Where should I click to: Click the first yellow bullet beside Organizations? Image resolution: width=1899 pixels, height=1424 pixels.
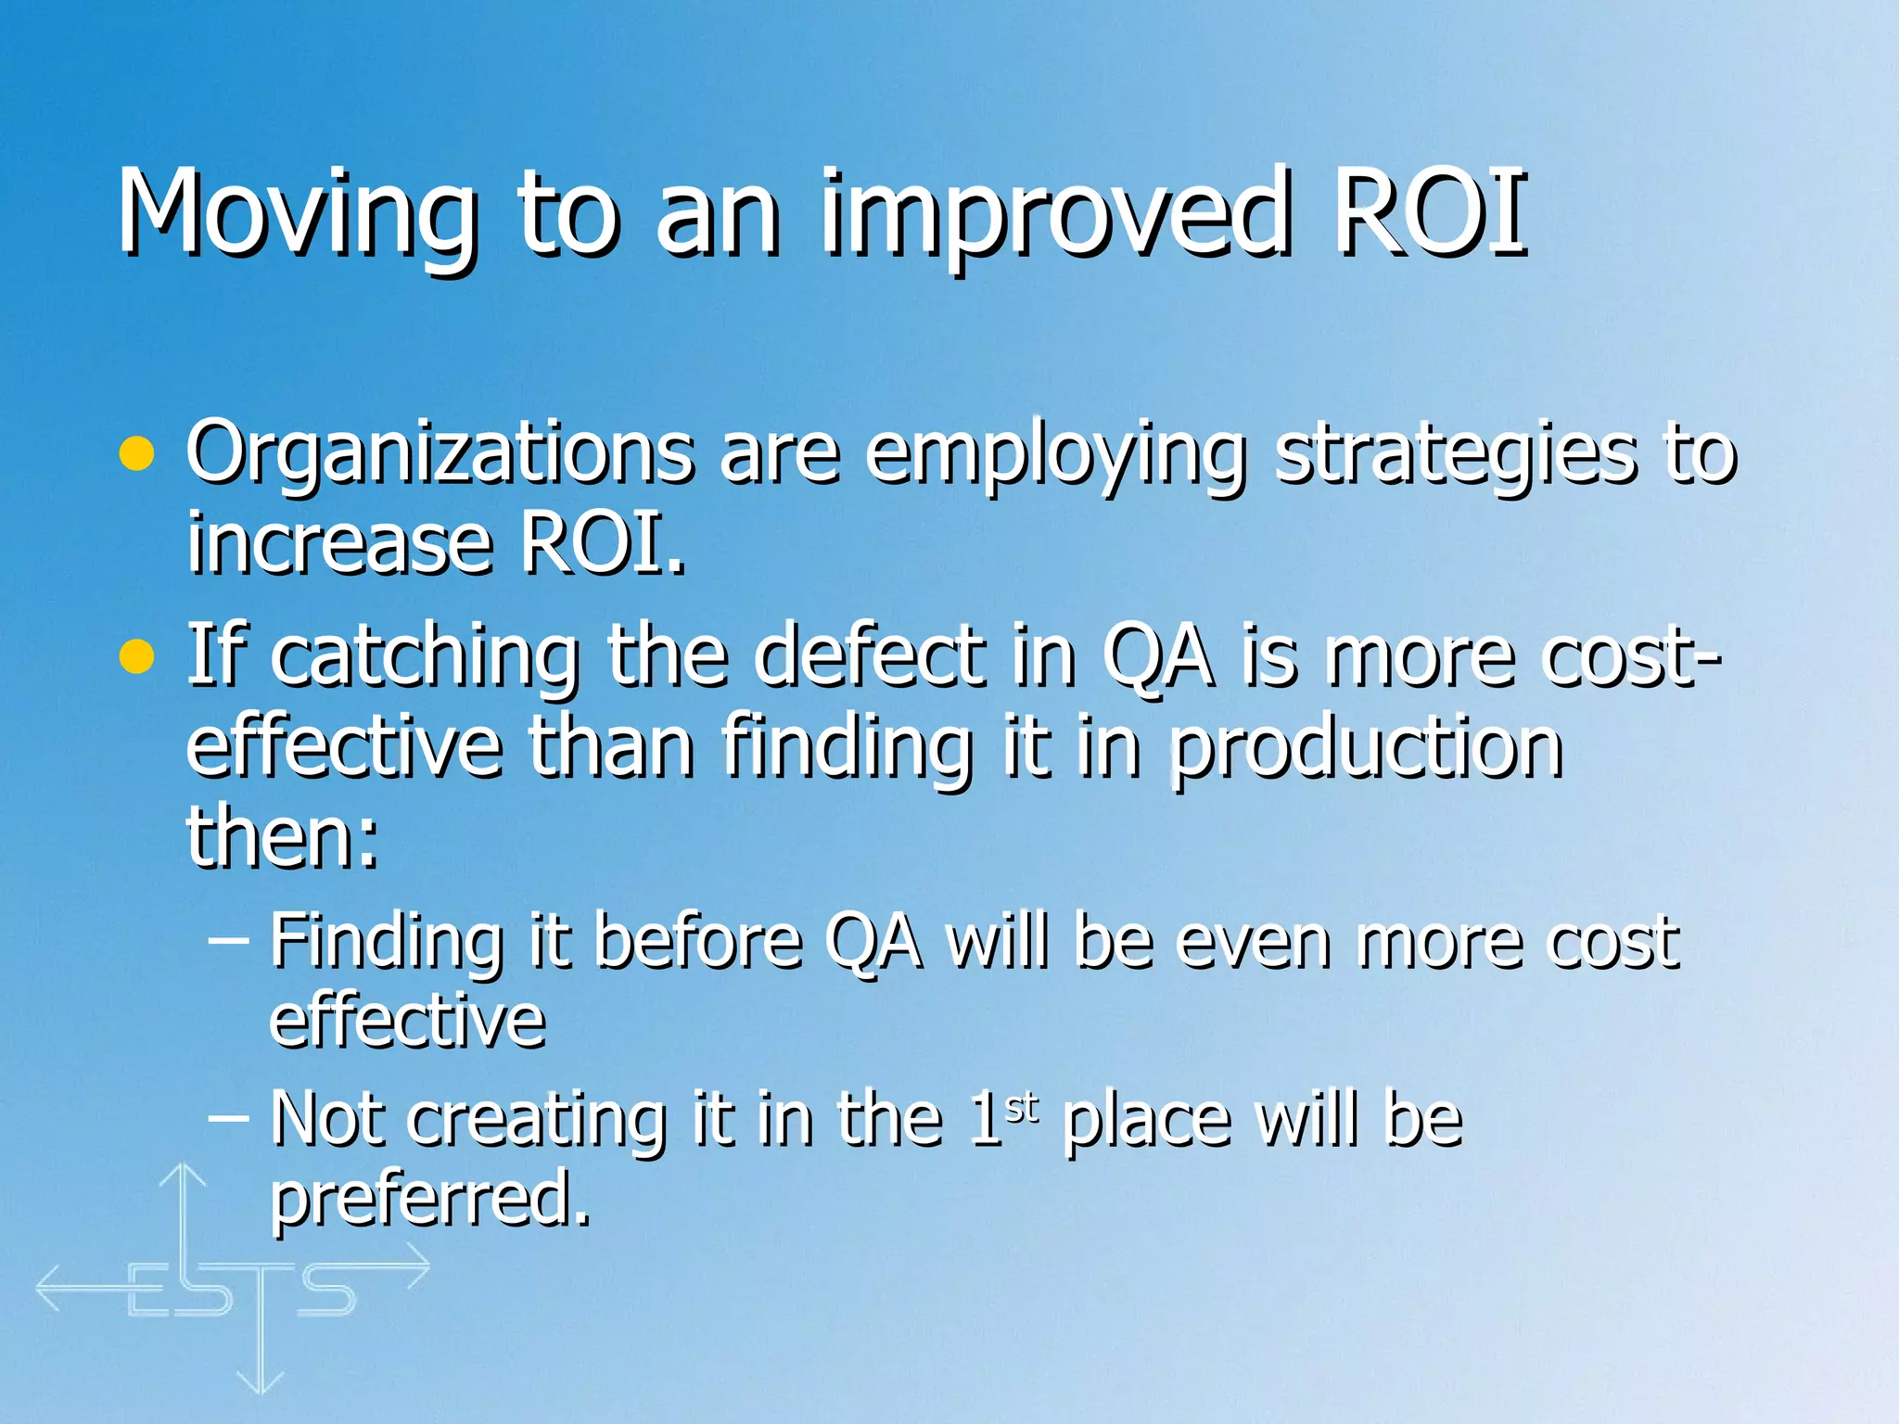(136, 454)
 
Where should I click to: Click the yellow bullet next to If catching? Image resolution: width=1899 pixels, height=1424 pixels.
(136, 656)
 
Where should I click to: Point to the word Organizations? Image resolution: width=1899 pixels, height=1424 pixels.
(439, 454)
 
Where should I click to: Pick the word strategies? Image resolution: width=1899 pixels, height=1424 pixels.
(1455, 454)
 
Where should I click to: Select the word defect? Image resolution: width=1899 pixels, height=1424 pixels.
(869, 656)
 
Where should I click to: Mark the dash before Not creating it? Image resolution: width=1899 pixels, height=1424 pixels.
(228, 1117)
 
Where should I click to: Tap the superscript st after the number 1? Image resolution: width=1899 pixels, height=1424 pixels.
(1022, 1107)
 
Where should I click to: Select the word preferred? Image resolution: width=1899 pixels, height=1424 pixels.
(429, 1198)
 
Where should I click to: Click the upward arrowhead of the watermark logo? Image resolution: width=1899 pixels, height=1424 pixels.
(183, 1174)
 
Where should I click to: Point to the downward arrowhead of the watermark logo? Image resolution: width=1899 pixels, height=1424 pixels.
(261, 1382)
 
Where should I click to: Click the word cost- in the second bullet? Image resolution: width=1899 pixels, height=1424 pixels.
(1632, 656)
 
